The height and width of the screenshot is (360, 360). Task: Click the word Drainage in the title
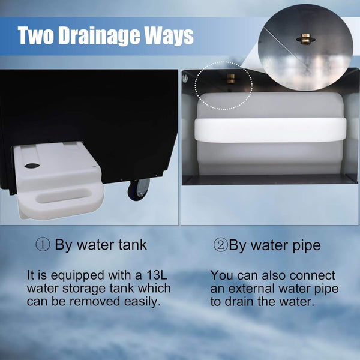tap(100, 36)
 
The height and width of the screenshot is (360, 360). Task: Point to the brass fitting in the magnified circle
tap(305, 39)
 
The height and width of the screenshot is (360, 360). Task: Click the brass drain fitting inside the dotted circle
tap(231, 78)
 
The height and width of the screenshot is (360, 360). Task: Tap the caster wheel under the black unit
tap(139, 190)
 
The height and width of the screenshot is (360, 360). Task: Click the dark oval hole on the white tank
tap(32, 166)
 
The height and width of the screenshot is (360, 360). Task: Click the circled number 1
tap(43, 245)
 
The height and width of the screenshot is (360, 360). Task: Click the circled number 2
tap(220, 245)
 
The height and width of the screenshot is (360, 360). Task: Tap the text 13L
tap(157, 275)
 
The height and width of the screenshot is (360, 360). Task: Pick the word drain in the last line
tap(239, 302)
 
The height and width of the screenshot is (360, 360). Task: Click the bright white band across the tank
tap(271, 130)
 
